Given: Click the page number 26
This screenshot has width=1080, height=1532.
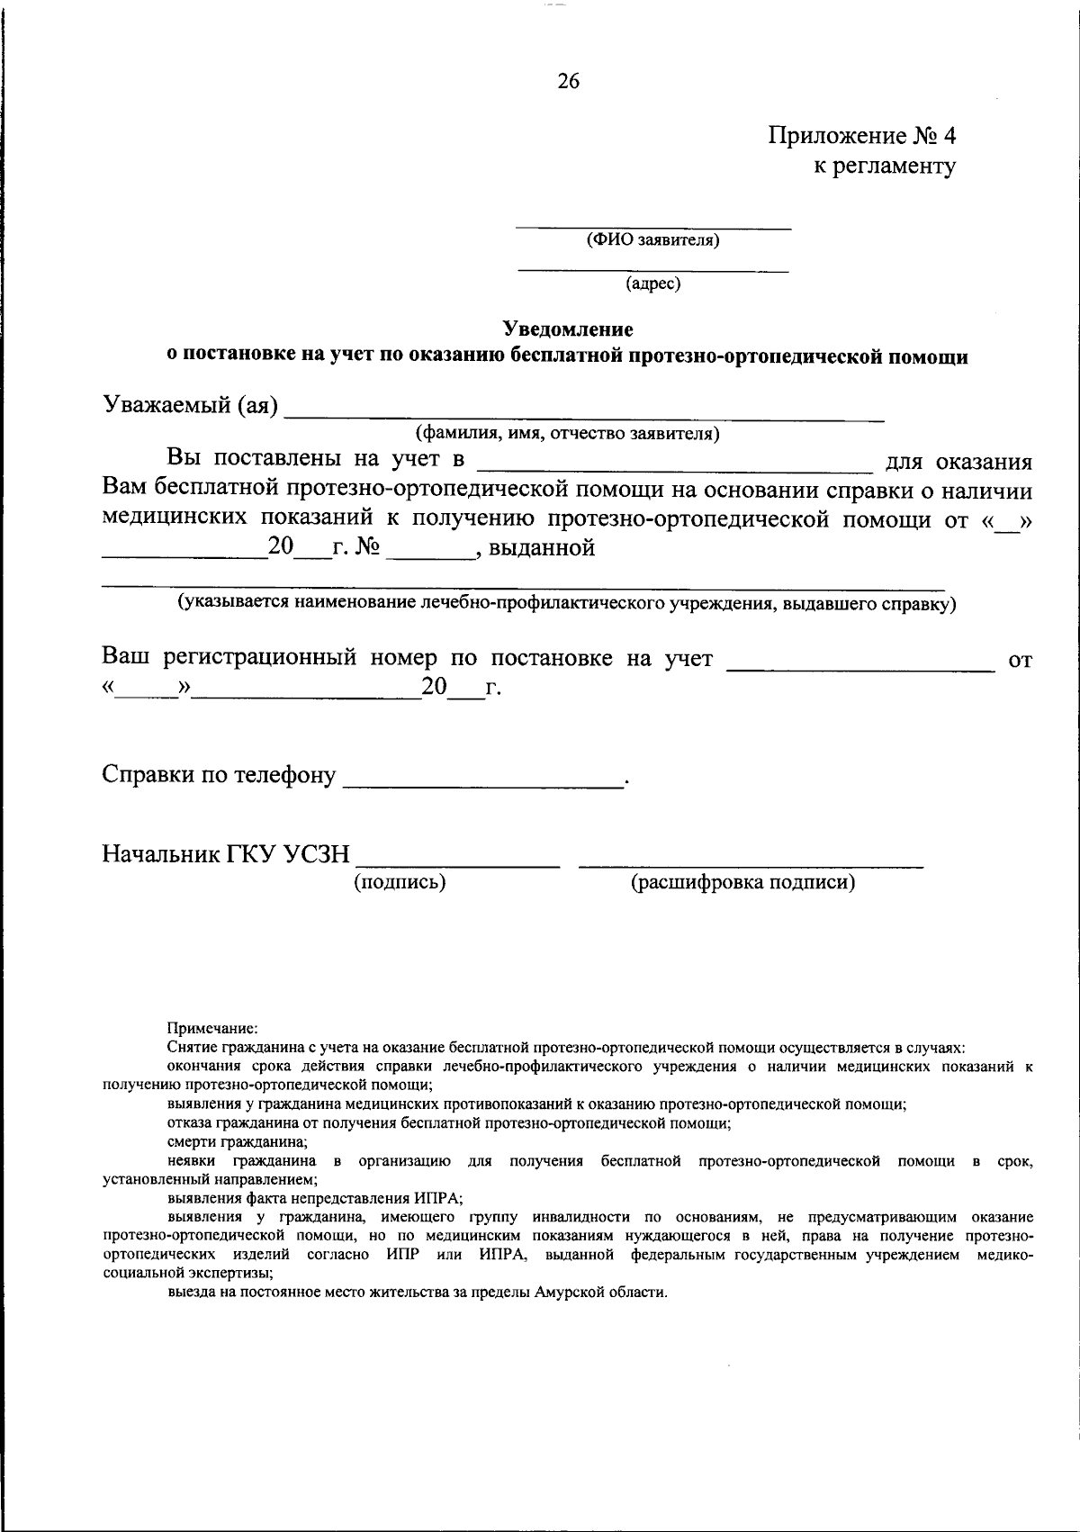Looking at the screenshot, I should click(569, 82).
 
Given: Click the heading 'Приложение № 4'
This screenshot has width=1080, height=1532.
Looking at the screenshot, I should click(861, 136).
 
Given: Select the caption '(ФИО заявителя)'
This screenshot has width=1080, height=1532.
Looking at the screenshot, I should click(652, 240).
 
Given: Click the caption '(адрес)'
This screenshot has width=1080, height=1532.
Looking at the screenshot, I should click(653, 284).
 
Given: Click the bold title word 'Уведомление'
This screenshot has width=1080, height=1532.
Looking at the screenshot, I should click(568, 329).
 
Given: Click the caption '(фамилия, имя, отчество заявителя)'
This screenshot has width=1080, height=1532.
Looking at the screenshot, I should click(567, 434).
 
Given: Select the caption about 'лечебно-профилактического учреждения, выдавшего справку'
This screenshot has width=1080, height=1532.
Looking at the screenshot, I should click(567, 603).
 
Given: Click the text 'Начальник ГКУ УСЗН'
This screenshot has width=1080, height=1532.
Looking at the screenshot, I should click(226, 853).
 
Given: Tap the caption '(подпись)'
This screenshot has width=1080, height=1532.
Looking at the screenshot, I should click(400, 882).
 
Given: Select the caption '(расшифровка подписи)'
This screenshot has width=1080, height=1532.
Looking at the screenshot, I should click(743, 882).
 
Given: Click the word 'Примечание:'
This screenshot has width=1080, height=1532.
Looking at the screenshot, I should click(212, 1027).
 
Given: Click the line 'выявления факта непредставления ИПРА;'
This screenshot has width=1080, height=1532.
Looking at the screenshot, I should click(314, 1198).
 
